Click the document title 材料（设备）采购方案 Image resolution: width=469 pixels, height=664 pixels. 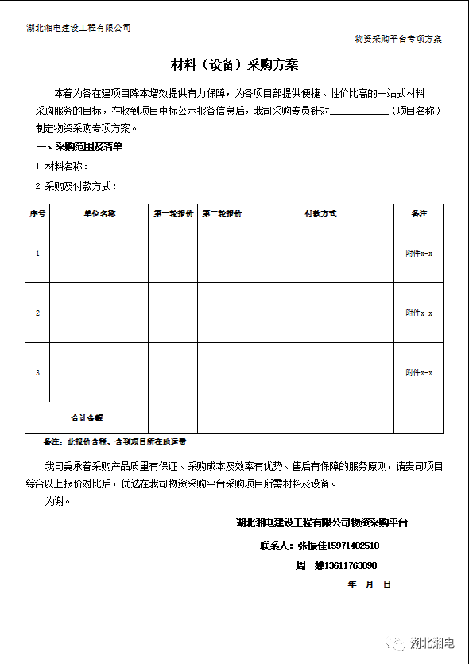pyautogui.click(x=234, y=64)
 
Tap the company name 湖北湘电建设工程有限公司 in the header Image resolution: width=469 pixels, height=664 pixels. pyautogui.click(x=78, y=28)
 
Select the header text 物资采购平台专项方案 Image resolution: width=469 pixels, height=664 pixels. pyautogui.click(x=398, y=39)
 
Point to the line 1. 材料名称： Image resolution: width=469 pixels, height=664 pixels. pyautogui.click(x=62, y=166)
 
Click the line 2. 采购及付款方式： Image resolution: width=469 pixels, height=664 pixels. pyautogui.click(x=76, y=186)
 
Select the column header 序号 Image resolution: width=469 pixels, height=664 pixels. pyautogui.click(x=37, y=214)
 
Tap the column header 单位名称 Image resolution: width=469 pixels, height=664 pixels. pyautogui.click(x=99, y=214)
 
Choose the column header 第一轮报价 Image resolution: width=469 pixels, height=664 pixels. pyautogui.click(x=172, y=214)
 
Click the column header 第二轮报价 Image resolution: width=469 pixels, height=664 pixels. pyautogui.click(x=222, y=214)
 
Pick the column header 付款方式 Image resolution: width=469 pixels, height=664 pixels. pyautogui.click(x=320, y=214)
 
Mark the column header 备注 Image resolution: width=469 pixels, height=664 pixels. pyautogui.click(x=419, y=214)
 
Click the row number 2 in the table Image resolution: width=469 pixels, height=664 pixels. pyautogui.click(x=37, y=313)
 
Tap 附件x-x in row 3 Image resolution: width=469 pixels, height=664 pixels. pyautogui.click(x=419, y=372)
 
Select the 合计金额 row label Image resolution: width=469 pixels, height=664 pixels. pyautogui.click(x=87, y=417)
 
